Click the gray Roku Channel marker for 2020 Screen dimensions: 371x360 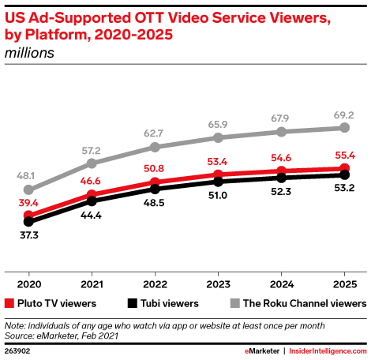click(28, 189)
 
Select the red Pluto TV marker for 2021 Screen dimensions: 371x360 click(92, 195)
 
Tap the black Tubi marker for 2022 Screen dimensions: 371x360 click(155, 189)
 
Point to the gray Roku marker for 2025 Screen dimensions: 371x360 click(344, 128)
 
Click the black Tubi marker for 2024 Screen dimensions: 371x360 click(281, 178)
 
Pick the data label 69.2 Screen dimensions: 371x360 click(344, 115)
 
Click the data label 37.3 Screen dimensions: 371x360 click(29, 235)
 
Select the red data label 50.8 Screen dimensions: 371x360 click(154, 168)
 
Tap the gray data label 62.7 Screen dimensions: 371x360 click(153, 133)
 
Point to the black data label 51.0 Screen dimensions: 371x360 click(218, 196)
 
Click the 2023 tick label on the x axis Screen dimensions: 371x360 click(218, 284)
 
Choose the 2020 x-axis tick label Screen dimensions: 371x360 click(29, 284)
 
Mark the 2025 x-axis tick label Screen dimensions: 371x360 click(345, 284)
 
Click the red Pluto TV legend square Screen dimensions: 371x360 click(9, 303)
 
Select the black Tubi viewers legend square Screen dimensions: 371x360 click(132, 303)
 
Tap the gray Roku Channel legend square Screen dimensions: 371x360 click(234, 303)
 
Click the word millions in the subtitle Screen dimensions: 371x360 click(29, 53)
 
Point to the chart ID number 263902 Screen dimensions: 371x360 click(17, 351)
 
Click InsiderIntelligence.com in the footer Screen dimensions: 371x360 click(328, 351)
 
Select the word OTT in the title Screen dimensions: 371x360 click(149, 18)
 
